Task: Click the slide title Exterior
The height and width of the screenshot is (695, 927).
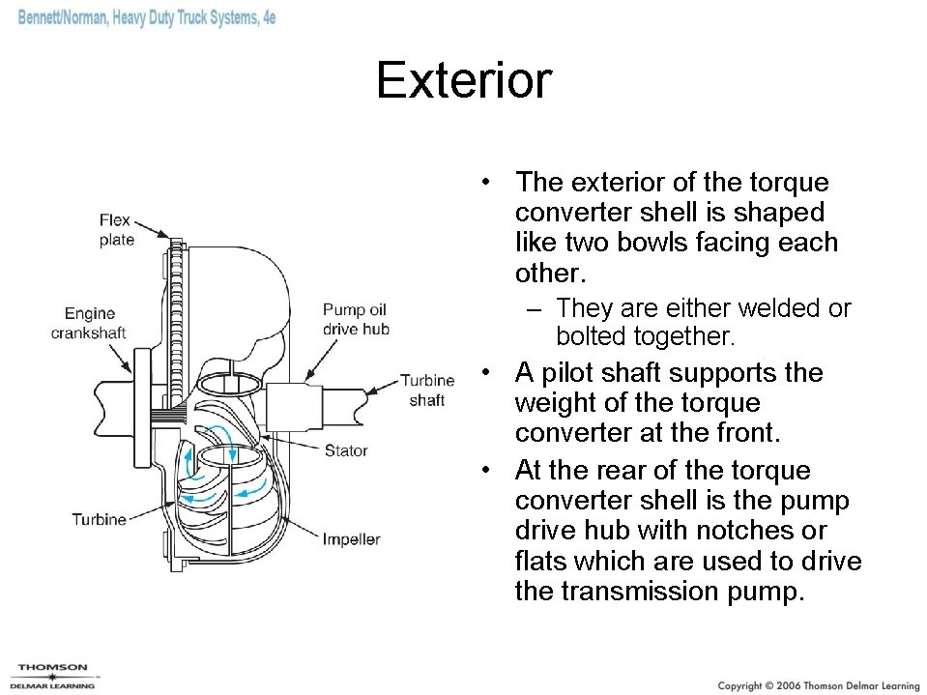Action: tap(463, 80)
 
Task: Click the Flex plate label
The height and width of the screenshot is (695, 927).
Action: tap(116, 230)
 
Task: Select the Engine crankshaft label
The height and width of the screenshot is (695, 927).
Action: tap(89, 323)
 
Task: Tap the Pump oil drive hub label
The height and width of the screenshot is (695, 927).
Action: tap(355, 320)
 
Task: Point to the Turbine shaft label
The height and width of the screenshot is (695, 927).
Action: tap(427, 391)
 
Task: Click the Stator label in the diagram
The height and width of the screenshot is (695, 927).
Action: tap(346, 450)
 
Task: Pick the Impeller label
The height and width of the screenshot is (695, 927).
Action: tap(351, 539)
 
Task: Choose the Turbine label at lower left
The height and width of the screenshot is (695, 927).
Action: tap(99, 520)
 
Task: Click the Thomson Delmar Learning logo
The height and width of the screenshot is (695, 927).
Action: tap(54, 676)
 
